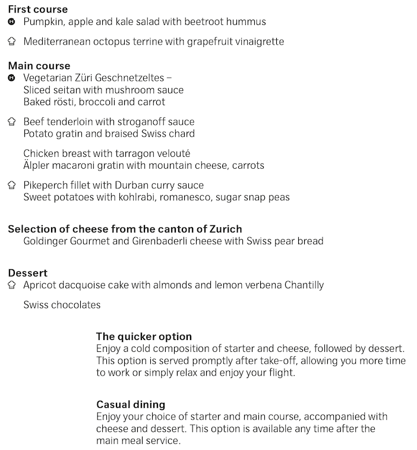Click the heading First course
[38, 9]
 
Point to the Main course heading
[39, 65]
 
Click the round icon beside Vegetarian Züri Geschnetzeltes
[11, 78]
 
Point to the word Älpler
[39, 165]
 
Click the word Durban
[138, 185]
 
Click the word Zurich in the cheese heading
[225, 229]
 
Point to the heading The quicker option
[144, 336]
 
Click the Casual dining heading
[131, 405]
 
